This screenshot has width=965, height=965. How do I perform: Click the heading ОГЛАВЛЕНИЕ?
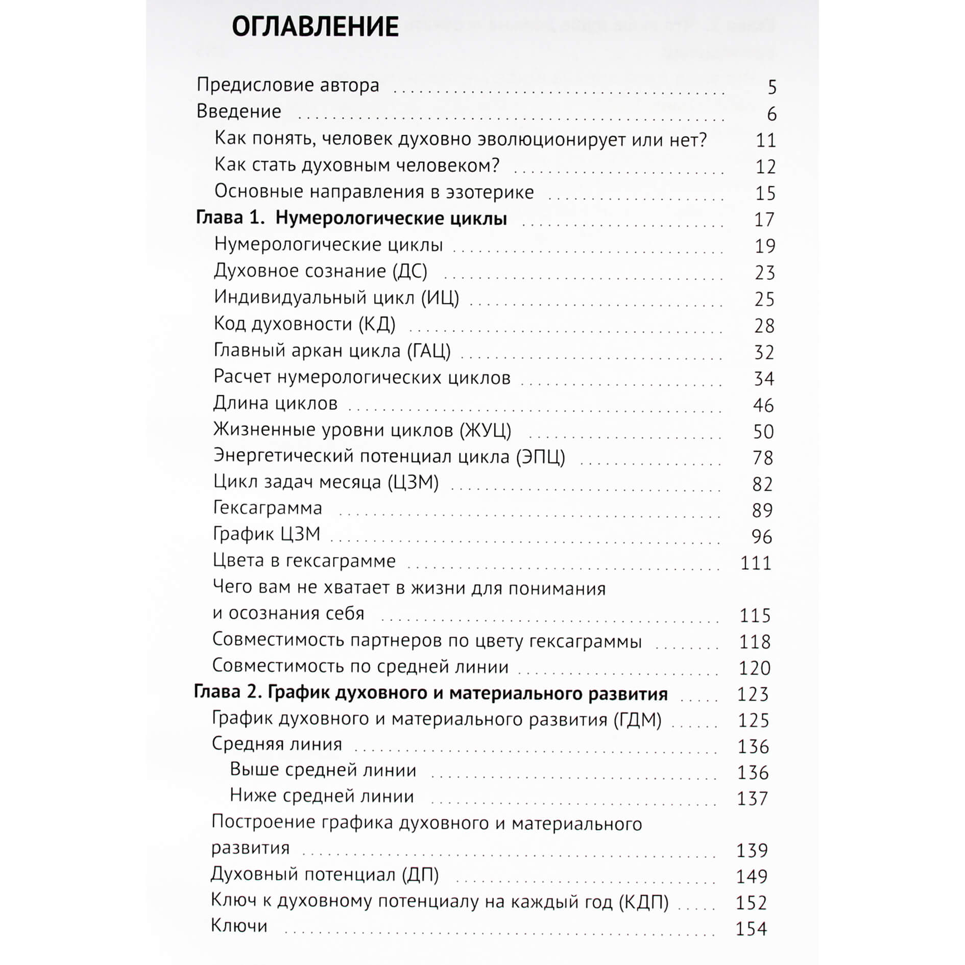315,27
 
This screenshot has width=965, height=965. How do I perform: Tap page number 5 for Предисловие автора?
771,87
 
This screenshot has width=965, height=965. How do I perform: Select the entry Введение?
238,111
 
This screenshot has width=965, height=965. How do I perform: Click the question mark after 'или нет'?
703,139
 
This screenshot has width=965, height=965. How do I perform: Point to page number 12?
765,166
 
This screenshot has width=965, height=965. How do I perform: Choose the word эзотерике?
490,192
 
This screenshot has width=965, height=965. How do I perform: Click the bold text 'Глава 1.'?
230,218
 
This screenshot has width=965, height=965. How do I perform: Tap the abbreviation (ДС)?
410,271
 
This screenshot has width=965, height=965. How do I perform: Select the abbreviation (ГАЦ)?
429,351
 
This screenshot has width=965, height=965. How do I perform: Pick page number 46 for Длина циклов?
763,405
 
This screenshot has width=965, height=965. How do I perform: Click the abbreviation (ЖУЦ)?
485,430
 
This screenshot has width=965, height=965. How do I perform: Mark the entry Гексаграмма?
268,508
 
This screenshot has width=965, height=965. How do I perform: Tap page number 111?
756,563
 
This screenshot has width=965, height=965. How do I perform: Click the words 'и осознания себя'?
288,613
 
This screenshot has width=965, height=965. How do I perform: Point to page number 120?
755,668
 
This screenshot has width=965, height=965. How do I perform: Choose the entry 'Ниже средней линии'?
322,795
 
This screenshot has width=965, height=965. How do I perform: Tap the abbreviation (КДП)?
643,902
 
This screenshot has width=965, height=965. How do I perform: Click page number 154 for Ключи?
751,928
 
